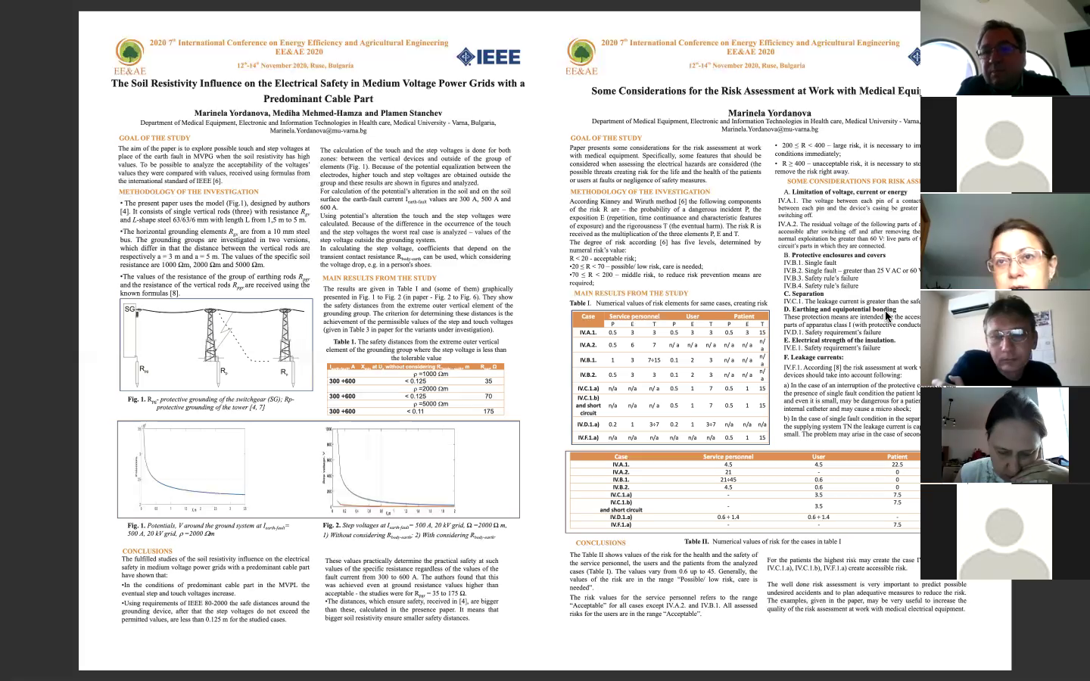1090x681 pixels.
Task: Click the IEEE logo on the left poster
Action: click(488, 56)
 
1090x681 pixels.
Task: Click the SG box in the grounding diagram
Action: click(130, 309)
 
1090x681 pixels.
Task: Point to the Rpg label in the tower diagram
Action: click(144, 369)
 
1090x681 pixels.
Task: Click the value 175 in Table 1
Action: click(488, 411)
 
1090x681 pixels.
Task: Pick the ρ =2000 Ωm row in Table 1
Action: click(415, 389)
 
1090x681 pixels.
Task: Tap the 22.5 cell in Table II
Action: click(897, 465)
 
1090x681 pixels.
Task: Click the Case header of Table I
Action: click(588, 316)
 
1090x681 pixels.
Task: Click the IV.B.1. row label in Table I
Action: click(588, 360)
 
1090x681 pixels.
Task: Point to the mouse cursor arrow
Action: click(888, 316)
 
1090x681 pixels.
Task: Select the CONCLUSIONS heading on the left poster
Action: click(147, 552)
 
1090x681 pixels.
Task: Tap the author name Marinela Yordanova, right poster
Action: click(769, 113)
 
